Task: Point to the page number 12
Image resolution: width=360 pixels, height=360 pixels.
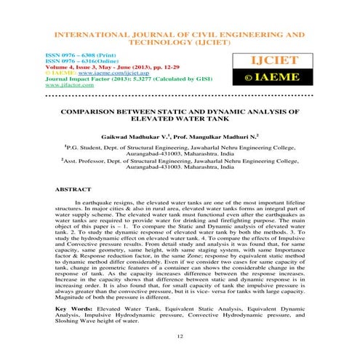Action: point(180,336)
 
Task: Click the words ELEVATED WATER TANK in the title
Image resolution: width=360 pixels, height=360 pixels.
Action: point(180,122)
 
